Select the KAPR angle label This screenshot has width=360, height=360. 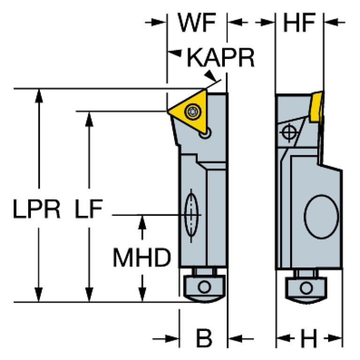[x=221, y=58]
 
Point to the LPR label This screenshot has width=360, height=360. [x=37, y=210]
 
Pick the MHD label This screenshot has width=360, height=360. [x=141, y=257]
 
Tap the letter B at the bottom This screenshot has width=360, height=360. [x=203, y=338]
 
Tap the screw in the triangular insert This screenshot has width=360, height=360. [x=191, y=112]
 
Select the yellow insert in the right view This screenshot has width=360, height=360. [x=317, y=106]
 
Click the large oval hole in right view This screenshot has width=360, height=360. [x=321, y=216]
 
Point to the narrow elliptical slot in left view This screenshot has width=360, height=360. [x=191, y=216]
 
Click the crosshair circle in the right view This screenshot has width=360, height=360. [x=289, y=133]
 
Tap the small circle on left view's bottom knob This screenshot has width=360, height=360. [x=204, y=287]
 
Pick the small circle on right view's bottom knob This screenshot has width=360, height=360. [x=307, y=287]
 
